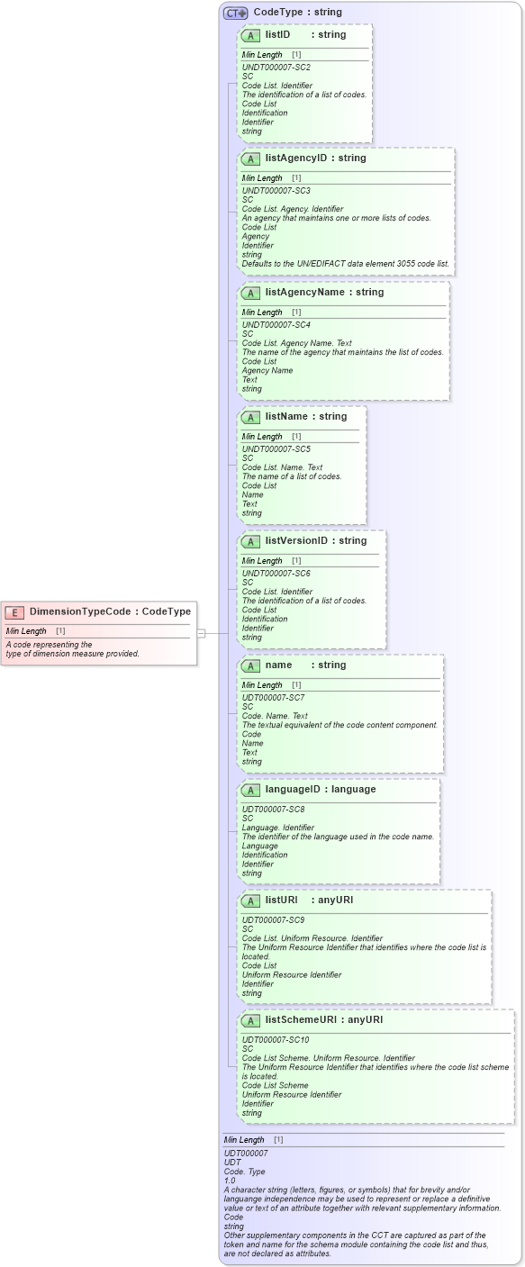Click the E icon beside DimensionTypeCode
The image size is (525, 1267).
(14, 612)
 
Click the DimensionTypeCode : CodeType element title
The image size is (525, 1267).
(110, 612)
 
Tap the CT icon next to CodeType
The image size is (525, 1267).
(236, 13)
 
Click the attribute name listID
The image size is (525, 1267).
(277, 35)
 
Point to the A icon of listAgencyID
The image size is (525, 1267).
(251, 158)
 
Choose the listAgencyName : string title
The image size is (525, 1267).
(324, 293)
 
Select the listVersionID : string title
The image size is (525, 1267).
(316, 541)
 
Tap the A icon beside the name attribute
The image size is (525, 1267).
(251, 665)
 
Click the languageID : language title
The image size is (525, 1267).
(321, 790)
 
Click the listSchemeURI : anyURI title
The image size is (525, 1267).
(324, 1020)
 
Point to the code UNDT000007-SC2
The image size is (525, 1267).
(276, 68)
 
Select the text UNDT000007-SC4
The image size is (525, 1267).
(276, 325)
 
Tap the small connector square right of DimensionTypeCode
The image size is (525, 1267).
(201, 633)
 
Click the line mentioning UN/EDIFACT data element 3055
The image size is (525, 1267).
(345, 264)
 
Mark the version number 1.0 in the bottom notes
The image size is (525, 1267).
(230, 1181)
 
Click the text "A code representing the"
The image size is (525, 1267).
(50, 645)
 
